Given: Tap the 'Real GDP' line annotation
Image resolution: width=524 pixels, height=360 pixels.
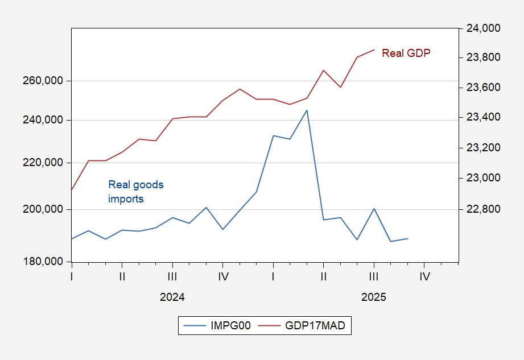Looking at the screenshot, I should click(x=406, y=53).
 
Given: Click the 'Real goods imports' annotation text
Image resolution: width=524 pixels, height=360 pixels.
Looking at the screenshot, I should click(x=135, y=192).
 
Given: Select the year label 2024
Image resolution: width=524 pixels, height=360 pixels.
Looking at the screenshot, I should click(x=172, y=297).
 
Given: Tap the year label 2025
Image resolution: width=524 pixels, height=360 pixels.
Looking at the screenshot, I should click(x=374, y=297).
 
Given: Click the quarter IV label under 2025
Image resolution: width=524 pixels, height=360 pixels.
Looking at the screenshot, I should click(x=424, y=276).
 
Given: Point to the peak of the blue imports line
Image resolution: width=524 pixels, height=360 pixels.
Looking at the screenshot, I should click(x=307, y=110).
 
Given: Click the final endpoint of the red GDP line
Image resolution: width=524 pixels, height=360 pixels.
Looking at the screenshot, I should click(x=374, y=49).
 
